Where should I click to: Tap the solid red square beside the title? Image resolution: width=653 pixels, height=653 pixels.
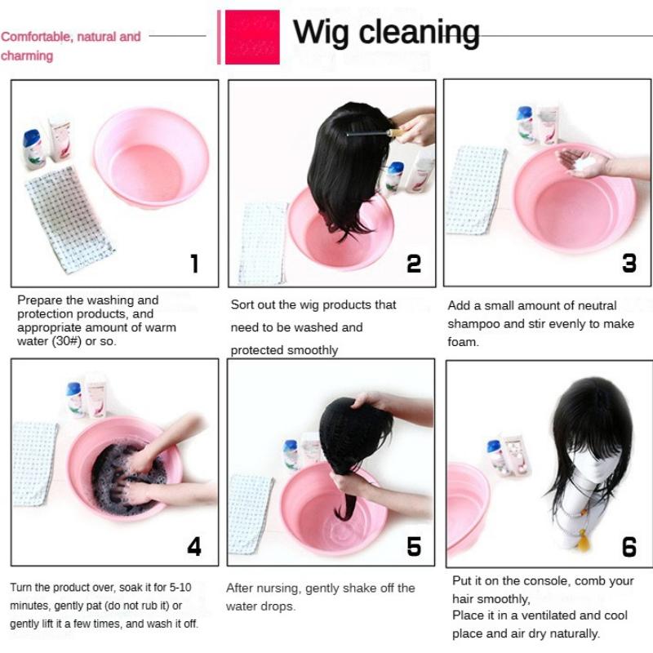252,37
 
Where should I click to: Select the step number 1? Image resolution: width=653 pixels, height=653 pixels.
194,264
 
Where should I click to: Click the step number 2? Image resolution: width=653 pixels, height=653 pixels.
414,264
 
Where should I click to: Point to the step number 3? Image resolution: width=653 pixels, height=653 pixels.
629,263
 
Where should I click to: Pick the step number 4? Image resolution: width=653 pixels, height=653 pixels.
194,546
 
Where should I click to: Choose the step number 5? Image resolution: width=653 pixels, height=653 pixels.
414,546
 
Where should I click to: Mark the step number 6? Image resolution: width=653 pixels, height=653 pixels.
629,547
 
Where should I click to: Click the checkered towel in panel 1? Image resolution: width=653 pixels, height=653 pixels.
69,220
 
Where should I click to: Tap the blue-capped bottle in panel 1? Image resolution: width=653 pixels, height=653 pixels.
34,149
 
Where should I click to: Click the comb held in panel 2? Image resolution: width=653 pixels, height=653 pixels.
374,134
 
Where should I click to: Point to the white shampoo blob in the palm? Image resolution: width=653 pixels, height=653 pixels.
585,163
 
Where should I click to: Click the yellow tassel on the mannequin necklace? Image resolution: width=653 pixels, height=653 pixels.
584,540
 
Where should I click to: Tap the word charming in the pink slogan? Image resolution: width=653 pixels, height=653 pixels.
27,56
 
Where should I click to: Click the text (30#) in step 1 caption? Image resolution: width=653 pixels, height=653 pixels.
69,340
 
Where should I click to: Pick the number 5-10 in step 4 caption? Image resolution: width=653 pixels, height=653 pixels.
180,587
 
